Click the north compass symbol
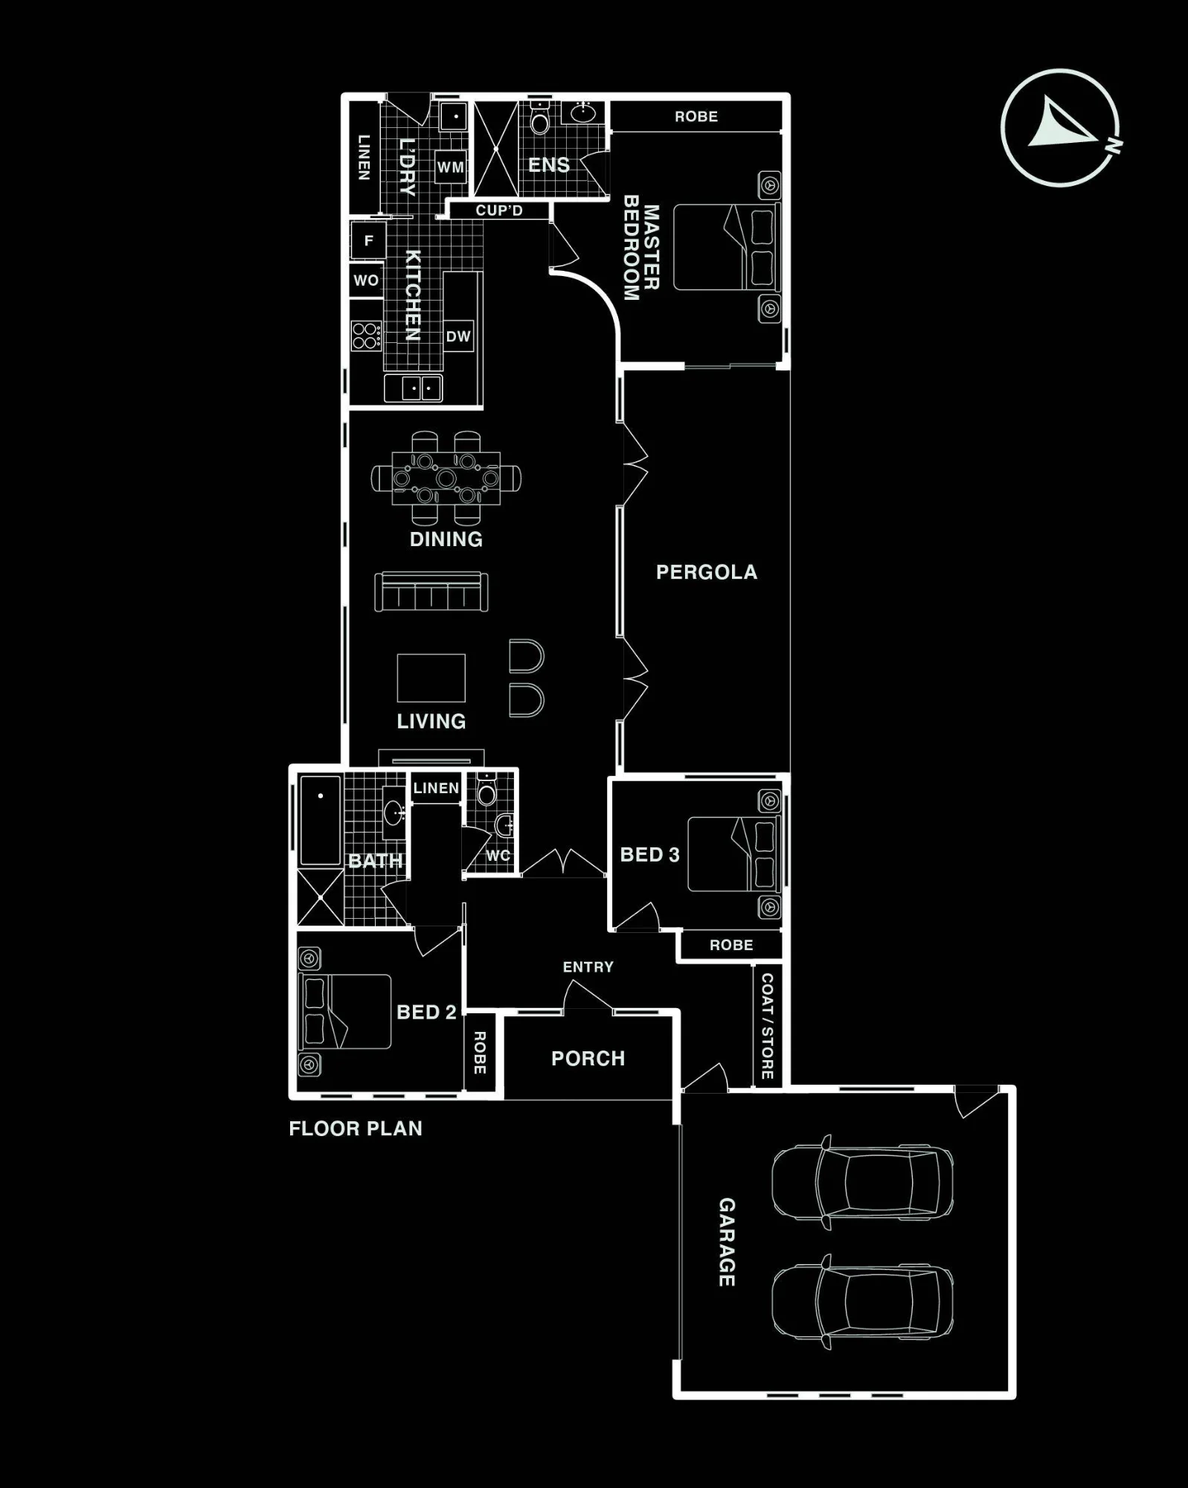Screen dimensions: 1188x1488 1060,128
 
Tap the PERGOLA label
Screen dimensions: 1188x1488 706,571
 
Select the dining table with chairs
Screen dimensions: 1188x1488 446,478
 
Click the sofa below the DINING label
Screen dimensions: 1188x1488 431,591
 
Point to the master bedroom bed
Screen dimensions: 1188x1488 726,247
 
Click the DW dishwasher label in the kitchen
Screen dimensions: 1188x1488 458,336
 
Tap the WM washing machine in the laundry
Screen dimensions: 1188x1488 450,167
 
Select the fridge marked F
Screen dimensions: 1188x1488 368,240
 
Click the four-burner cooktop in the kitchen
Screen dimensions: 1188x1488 366,336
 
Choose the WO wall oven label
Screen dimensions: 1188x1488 366,280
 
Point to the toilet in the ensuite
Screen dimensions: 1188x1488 540,119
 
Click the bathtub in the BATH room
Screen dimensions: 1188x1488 321,820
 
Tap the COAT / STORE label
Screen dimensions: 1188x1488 767,1026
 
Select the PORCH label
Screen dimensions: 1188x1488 588,1058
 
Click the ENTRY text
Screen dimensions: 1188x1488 588,966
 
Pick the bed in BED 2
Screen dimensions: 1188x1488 345,1011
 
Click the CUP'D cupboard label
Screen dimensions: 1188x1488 499,211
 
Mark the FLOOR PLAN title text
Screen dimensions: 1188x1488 356,1129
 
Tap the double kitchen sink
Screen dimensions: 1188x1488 414,388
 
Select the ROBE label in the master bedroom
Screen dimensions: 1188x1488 696,117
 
